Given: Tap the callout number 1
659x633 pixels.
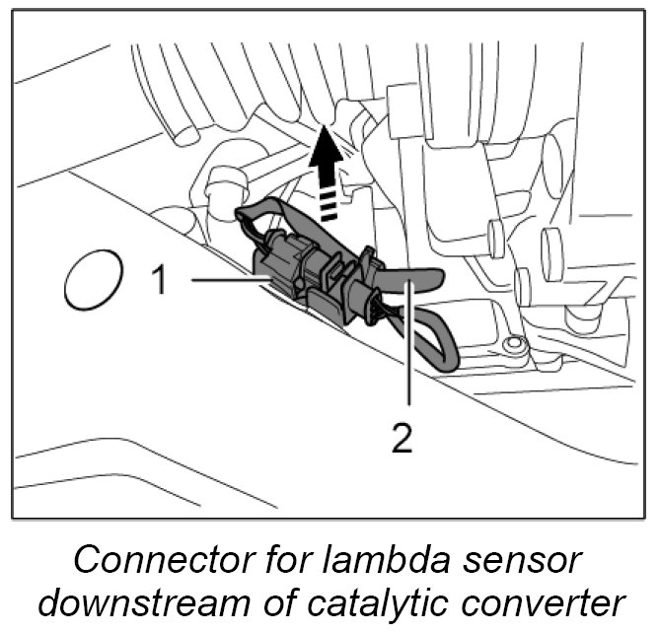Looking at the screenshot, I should coord(158,281).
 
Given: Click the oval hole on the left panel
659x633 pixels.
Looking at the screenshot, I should coord(93,280).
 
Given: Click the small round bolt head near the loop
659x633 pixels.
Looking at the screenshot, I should coord(510,345).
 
